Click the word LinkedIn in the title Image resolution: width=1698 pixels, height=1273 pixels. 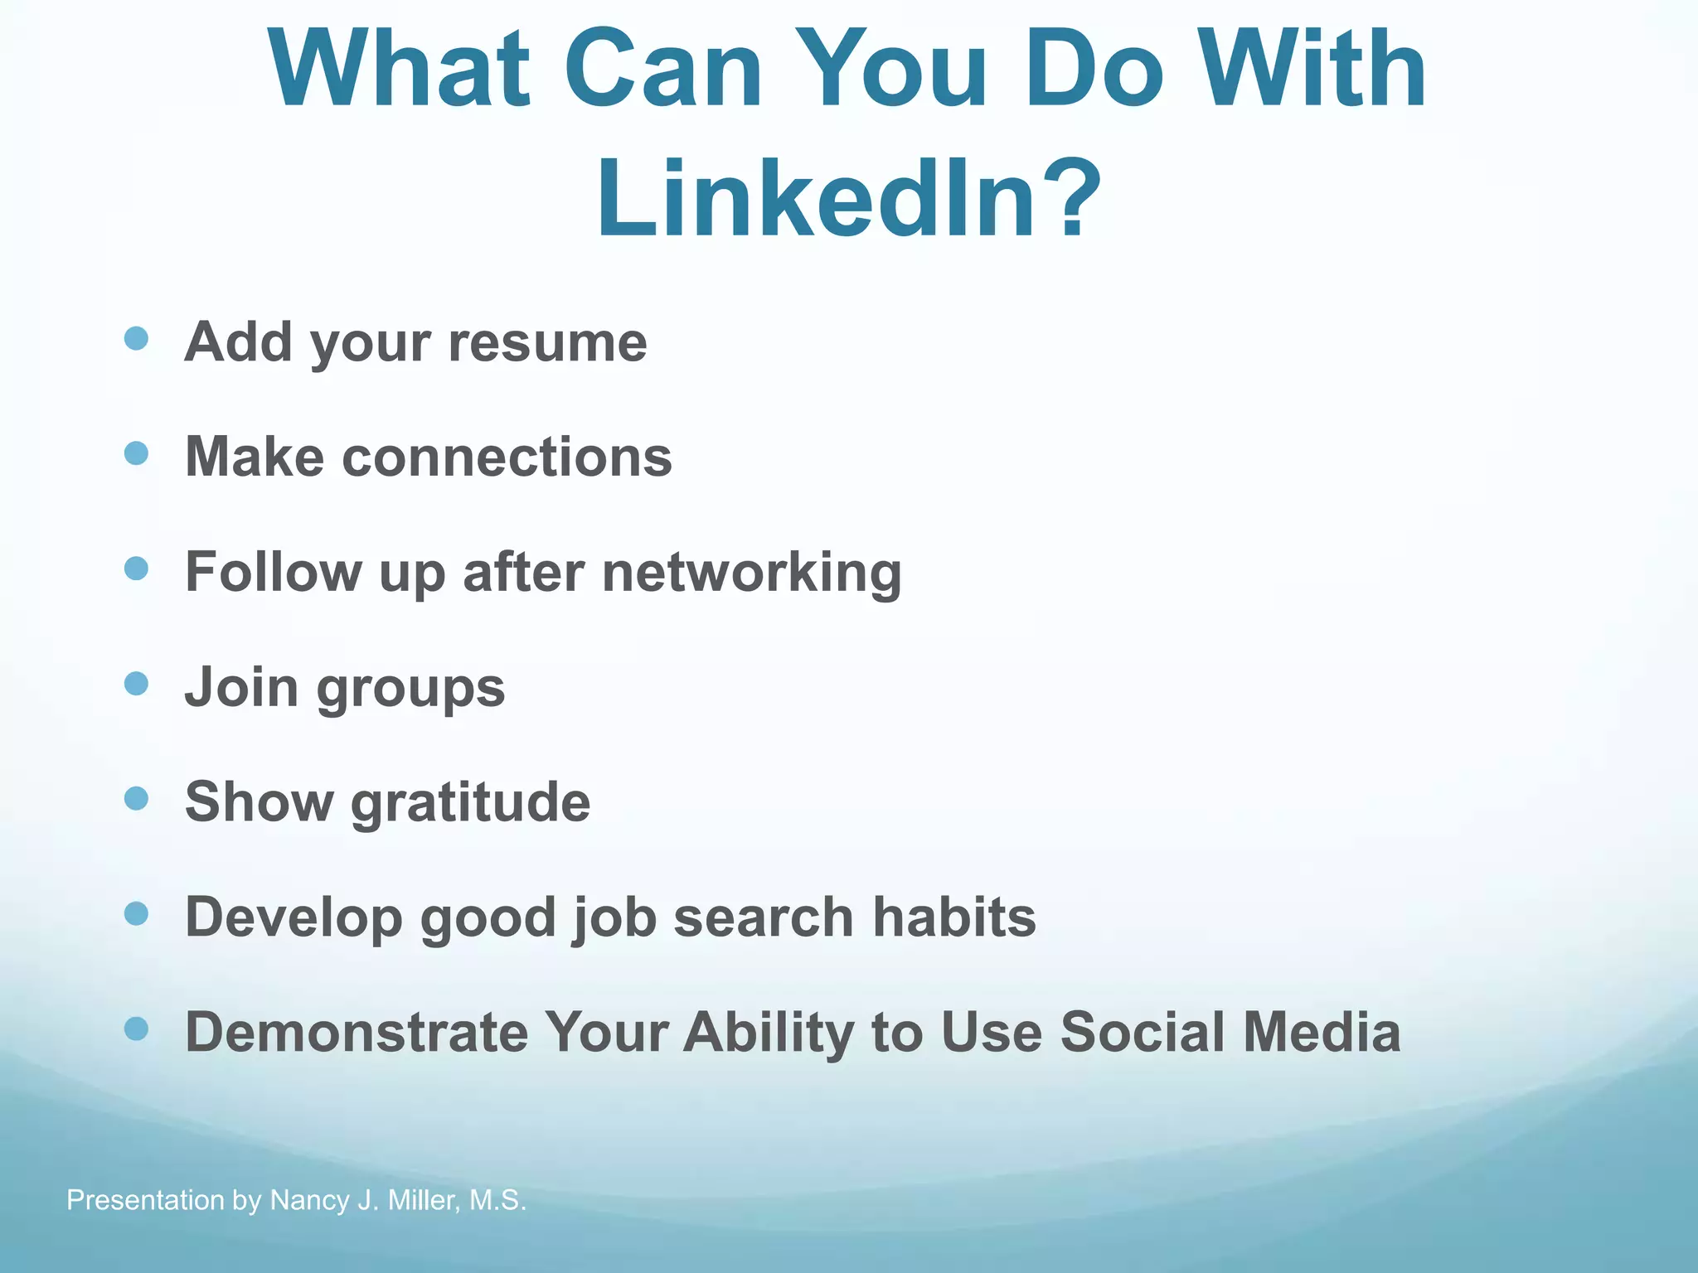[817, 199]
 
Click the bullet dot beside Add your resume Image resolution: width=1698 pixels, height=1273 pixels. [136, 339]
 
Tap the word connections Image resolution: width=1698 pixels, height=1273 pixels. [507, 457]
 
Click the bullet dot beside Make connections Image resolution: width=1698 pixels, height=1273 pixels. [136, 453]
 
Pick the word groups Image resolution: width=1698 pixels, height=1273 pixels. [410, 688]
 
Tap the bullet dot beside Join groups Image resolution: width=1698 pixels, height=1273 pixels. [136, 684]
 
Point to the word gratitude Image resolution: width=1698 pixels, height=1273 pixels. [470, 802]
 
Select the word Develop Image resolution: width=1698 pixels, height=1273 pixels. [294, 918]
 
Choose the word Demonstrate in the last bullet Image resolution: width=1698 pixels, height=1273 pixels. [357, 1032]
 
